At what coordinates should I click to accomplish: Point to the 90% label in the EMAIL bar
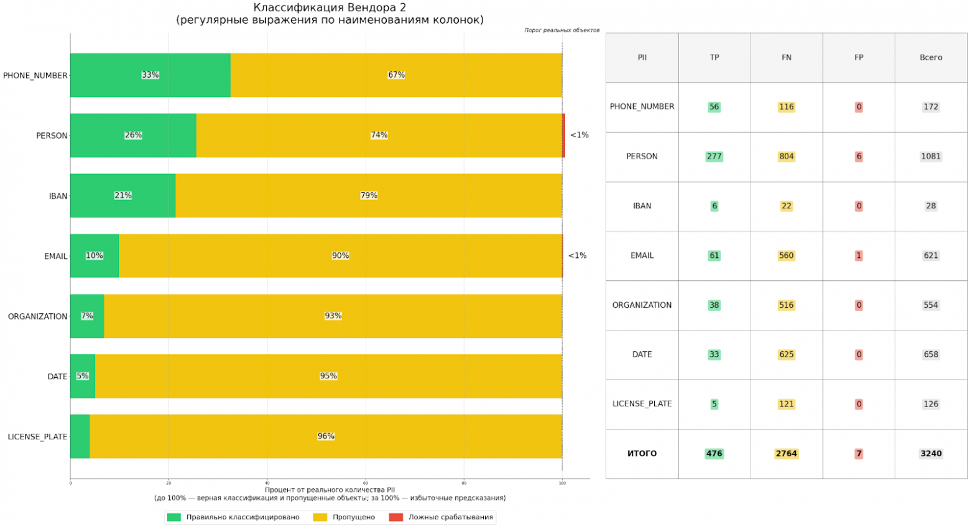pos(340,255)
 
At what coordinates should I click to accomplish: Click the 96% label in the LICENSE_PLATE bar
pos(326,436)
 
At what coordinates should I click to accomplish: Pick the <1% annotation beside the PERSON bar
pos(579,135)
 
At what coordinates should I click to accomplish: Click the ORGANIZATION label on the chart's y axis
pos(37,316)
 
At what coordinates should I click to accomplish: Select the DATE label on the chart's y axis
pos(57,377)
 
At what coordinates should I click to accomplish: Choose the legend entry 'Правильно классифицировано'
pos(242,517)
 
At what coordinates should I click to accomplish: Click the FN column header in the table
pos(787,57)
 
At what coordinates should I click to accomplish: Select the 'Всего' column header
pos(931,57)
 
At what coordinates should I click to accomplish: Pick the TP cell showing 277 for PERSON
pos(714,157)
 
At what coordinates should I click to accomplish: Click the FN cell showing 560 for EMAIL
pos(787,255)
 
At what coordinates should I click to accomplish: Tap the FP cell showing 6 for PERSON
pos(859,157)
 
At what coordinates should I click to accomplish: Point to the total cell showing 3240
pos(931,454)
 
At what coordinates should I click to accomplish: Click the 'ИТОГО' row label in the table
pos(642,454)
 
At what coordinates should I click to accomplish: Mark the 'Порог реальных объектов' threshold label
pos(561,30)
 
